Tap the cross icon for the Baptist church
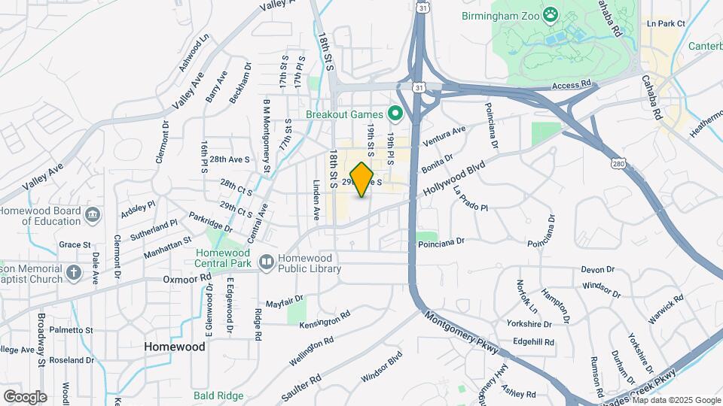[x=73, y=271]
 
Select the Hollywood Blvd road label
[x=453, y=177]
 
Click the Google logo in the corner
[x=25, y=397]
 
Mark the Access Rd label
[x=569, y=87]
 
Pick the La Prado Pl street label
[x=471, y=198]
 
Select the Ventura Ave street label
[x=444, y=135]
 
